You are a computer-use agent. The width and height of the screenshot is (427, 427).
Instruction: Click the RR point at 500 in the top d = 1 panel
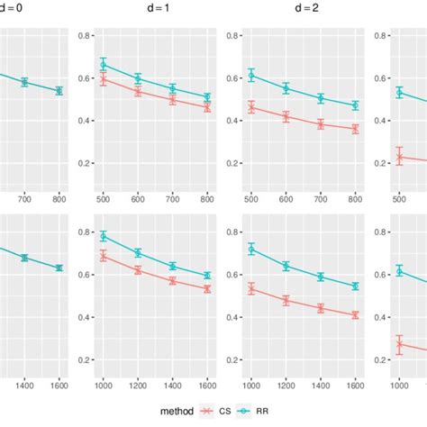point(104,65)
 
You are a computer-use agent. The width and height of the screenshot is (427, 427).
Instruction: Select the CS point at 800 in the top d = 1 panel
point(207,107)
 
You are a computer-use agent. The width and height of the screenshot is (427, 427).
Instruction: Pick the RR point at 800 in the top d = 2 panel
point(355,105)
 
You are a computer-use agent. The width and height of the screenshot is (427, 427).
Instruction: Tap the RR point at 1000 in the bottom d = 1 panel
point(104,236)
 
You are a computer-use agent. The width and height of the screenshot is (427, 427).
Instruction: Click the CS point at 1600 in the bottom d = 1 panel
point(207,289)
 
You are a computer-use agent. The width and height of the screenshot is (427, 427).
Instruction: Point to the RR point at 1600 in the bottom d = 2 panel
point(355,286)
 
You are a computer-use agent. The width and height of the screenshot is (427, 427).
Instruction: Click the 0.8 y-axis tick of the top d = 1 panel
point(84,36)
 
